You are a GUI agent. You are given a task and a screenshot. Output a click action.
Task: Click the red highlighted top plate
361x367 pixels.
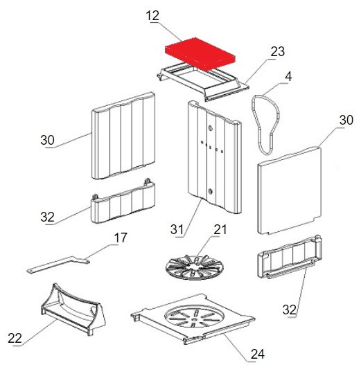coord(200,54)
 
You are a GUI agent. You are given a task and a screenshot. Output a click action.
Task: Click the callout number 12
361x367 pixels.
coord(152,16)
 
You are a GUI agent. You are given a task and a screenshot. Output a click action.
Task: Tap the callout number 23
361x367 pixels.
coord(278,51)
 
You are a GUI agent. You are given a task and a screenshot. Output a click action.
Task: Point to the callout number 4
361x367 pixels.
coord(289,77)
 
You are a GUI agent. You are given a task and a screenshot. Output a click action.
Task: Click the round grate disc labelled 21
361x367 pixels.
coord(195,267)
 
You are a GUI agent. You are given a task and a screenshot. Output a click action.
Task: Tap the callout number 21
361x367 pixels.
coord(220,230)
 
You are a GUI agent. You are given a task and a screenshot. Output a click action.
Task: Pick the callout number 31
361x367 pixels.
coord(177,229)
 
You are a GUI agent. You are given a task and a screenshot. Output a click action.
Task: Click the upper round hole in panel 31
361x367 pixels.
coord(211,128)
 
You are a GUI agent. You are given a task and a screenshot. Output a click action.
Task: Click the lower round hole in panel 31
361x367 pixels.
coord(211,191)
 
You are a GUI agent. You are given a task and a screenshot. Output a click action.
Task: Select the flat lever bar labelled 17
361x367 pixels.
coord(58,265)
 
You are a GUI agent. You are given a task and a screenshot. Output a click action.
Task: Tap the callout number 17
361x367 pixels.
coord(121,238)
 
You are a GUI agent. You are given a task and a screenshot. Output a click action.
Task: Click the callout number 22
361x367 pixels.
coord(15,338)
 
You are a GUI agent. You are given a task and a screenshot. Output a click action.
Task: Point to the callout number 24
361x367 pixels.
coord(258,354)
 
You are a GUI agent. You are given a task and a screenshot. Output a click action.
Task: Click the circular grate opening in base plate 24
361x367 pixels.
coord(195,317)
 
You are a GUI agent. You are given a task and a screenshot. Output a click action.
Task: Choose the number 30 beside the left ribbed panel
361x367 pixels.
coord(47,140)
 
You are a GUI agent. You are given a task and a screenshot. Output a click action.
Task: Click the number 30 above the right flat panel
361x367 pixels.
coord(346,120)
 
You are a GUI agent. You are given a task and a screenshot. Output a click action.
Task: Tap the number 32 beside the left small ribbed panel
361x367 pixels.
coord(47,217)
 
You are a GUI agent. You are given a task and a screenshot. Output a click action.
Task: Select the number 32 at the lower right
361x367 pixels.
coord(290,310)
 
